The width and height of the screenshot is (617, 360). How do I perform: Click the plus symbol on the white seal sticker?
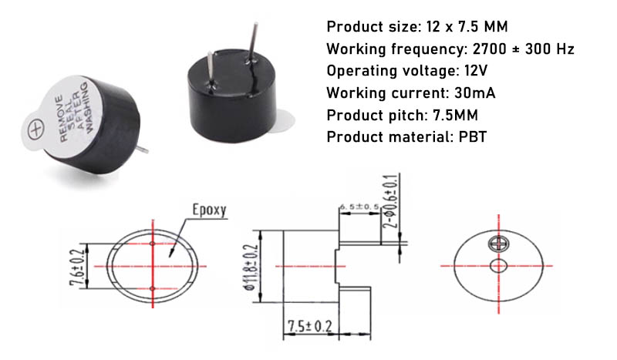(x=35, y=130)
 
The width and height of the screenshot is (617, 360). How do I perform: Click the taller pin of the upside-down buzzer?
(x=252, y=42)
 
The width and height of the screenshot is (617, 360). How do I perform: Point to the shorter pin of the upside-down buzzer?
(x=211, y=69)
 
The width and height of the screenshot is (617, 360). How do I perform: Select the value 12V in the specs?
(x=476, y=71)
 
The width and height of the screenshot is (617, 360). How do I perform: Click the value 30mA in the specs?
(x=475, y=93)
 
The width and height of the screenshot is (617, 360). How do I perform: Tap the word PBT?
(x=473, y=137)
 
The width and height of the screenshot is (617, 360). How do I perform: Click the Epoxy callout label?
(x=209, y=210)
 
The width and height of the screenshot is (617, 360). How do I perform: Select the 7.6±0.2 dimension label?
(x=77, y=267)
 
